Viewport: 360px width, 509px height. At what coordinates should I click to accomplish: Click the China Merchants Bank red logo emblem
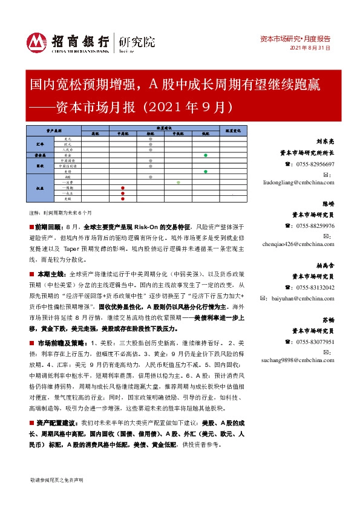coord(38,41)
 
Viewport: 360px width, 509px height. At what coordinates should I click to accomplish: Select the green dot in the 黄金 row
coord(206,155)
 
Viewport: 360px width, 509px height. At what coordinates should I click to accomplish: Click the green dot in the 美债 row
coord(206,171)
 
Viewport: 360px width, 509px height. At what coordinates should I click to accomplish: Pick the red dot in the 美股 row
coord(123,198)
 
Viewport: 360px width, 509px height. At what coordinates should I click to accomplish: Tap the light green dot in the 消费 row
coord(178,182)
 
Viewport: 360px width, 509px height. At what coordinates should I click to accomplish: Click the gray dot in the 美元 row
coord(150,139)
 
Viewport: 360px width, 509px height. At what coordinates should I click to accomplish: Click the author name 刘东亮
coord(325,143)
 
